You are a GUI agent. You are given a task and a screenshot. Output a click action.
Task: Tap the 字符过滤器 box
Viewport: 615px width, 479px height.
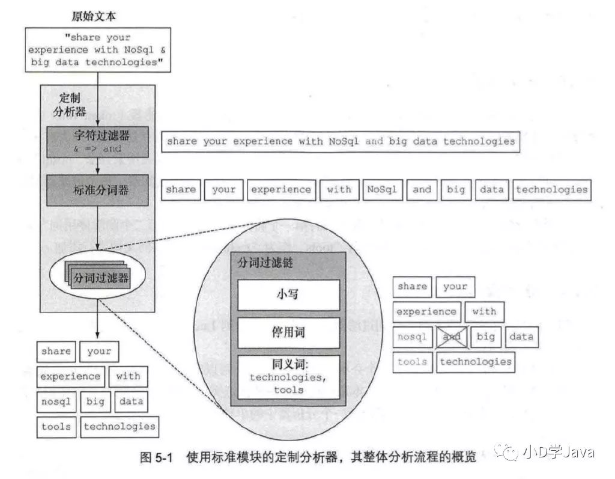pyautogui.click(x=97, y=141)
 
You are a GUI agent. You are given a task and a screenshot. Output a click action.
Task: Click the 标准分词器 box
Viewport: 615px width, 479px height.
pyautogui.click(x=97, y=190)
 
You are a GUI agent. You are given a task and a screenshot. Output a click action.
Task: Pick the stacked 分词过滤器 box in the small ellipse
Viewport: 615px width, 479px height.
pyautogui.click(x=100, y=278)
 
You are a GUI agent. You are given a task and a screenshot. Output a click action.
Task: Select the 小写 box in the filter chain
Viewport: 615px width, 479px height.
pyautogui.click(x=288, y=294)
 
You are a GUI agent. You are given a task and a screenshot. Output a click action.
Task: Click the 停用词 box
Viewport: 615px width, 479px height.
pyautogui.click(x=288, y=333)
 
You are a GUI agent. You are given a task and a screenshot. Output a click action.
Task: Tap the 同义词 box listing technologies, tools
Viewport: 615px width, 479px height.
pyautogui.click(x=288, y=377)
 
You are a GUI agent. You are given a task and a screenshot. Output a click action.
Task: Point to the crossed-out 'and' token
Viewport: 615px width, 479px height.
pyautogui.click(x=451, y=337)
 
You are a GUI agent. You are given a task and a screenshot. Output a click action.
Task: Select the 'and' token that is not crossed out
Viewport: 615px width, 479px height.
pyautogui.click(x=422, y=189)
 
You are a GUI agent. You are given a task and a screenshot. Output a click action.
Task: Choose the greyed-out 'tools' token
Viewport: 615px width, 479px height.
pyautogui.click(x=412, y=362)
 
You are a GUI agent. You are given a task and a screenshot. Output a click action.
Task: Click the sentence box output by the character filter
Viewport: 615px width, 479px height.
pyautogui.click(x=341, y=142)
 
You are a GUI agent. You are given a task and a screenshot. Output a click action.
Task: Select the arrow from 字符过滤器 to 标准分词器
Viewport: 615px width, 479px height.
pyautogui.click(x=97, y=166)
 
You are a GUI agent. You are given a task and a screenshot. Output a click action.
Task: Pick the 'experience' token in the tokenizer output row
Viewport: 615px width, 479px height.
pyautogui.click(x=281, y=189)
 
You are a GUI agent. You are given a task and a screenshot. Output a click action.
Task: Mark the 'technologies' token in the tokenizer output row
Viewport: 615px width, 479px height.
pyautogui.click(x=551, y=189)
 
